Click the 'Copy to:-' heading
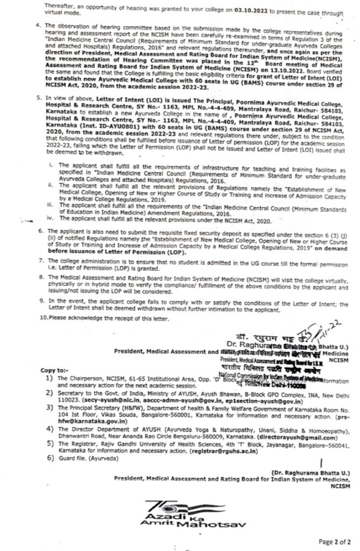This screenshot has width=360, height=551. (54, 371)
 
